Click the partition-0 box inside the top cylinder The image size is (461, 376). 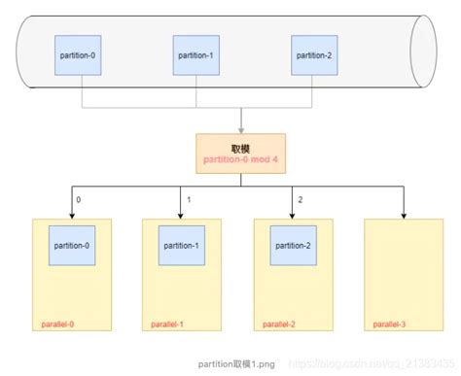pyautogui.click(x=78, y=54)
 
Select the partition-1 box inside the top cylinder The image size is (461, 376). pyautogui.click(x=196, y=54)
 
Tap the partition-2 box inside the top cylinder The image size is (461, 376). pyautogui.click(x=314, y=54)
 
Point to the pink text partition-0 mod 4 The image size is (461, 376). pyautogui.click(x=239, y=158)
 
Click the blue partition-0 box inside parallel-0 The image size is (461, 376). pyautogui.click(x=71, y=247)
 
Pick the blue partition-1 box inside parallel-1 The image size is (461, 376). pyautogui.click(x=182, y=247)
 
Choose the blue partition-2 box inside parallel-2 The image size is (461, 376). pyautogui.click(x=294, y=247)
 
